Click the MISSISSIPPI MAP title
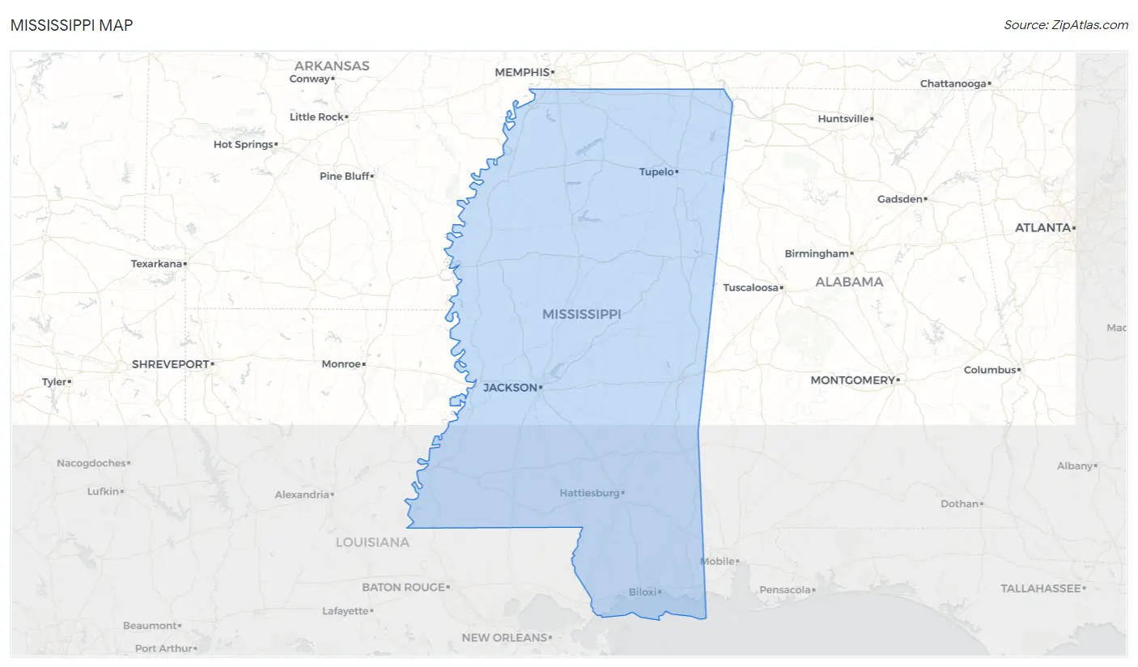click(x=72, y=25)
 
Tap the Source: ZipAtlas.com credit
click(x=1065, y=25)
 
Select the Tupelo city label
click(x=656, y=172)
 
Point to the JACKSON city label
click(x=510, y=388)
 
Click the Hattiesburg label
click(x=589, y=493)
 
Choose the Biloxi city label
click(x=642, y=593)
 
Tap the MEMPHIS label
click(x=522, y=72)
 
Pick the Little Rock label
click(x=316, y=117)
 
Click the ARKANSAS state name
click(x=332, y=66)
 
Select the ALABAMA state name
click(x=849, y=282)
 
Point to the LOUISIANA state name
click(x=372, y=542)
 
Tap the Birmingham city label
click(x=817, y=253)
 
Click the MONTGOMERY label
click(x=853, y=380)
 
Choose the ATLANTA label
click(x=1042, y=227)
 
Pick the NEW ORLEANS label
click(x=504, y=638)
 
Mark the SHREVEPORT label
click(x=170, y=364)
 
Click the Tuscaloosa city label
click(x=750, y=287)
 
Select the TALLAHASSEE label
click(x=1040, y=588)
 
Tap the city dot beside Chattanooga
click(x=990, y=84)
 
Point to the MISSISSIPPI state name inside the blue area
click(x=581, y=314)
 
